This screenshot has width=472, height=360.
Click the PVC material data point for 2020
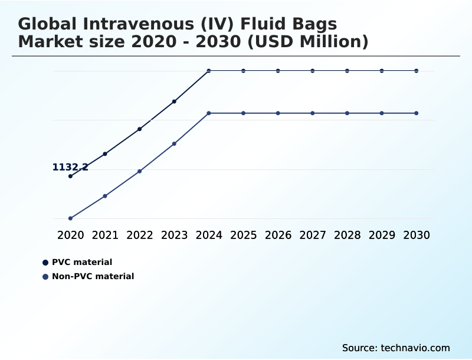point(70,176)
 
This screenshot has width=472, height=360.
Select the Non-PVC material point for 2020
point(70,218)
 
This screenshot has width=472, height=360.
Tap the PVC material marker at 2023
point(174,102)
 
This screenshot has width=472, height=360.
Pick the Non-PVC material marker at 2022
point(140,171)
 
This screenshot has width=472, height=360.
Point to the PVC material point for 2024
point(209,71)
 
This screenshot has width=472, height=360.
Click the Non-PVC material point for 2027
point(313,113)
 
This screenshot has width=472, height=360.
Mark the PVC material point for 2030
point(417,71)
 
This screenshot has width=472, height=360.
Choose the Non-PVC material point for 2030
point(417,113)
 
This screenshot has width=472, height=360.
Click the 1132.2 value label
point(70,167)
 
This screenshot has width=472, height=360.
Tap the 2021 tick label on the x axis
point(105,235)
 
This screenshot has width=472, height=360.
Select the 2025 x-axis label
point(243,235)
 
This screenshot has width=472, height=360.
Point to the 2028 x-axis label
point(347,235)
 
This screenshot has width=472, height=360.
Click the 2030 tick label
point(417,235)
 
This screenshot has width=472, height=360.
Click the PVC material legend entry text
point(82,262)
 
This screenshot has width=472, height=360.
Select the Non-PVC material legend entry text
point(93,276)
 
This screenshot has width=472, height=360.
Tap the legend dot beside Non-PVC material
point(45,276)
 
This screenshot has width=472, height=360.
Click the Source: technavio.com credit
point(396,348)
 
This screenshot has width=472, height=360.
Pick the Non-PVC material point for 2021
point(105,196)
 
